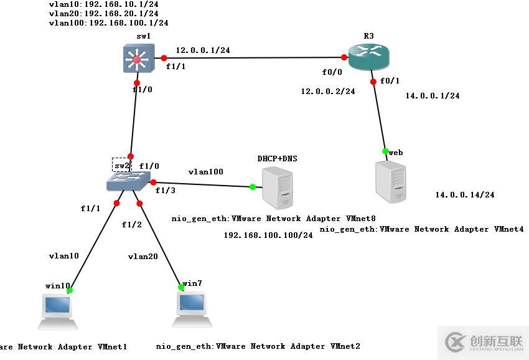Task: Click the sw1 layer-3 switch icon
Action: coord(136,60)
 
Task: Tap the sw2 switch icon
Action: coord(128,181)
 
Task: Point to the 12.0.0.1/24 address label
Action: coord(203,50)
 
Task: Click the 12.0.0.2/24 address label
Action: coord(328,92)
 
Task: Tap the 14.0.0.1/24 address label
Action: coord(433,96)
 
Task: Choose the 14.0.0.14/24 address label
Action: coord(465,195)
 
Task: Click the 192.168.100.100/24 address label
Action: coord(268,235)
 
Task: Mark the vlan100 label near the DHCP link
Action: coord(206,172)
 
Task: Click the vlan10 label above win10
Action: coord(64,256)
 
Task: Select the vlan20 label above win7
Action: coord(143,256)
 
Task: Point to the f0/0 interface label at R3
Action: coord(332,72)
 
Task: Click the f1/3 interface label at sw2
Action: coord(165,191)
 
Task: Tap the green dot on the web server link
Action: coord(385,151)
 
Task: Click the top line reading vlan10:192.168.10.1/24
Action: coord(103,4)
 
